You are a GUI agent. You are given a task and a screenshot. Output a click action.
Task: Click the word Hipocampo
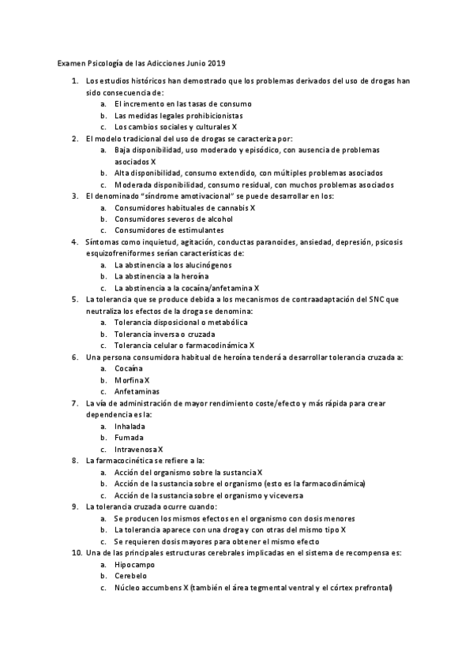tap(135, 565)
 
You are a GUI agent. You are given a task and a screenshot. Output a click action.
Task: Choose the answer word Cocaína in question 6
tap(129, 368)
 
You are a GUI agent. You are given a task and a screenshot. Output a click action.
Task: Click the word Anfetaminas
tap(137, 391)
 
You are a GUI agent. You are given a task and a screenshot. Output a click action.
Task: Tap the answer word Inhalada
tap(130, 426)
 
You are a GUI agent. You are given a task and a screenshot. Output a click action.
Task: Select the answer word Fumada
tap(129, 437)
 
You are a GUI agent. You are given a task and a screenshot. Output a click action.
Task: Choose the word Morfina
tap(129, 380)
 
